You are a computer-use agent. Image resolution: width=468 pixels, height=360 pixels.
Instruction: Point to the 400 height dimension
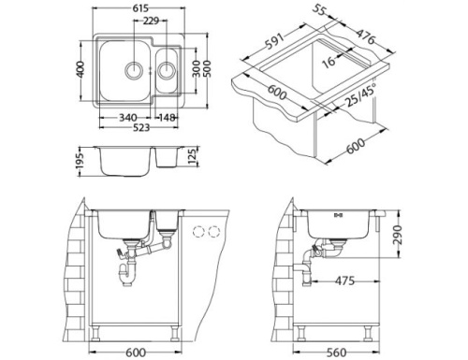[81, 71]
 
